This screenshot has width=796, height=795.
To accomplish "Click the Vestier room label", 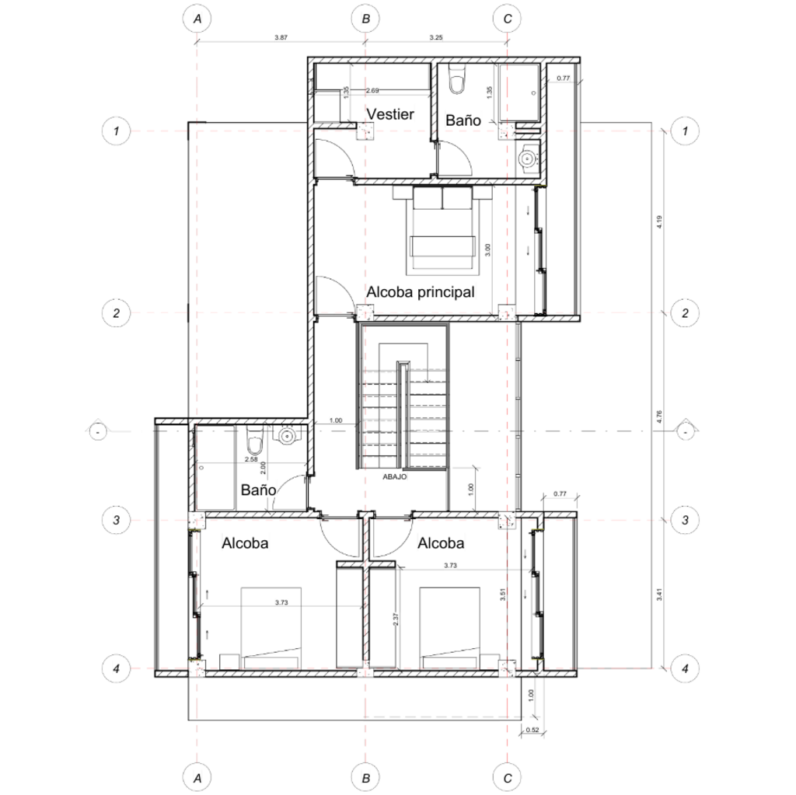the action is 390,114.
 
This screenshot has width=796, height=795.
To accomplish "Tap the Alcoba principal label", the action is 421,292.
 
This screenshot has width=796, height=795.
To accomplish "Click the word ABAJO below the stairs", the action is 394,476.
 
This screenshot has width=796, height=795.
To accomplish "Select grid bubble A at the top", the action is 197,19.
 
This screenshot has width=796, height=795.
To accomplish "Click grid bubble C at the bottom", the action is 507,777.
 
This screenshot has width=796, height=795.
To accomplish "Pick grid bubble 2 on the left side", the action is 117,312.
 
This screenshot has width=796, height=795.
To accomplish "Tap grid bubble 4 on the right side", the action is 685,668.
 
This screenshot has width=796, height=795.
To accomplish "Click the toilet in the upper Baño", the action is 457,80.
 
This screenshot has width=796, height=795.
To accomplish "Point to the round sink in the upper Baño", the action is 528,158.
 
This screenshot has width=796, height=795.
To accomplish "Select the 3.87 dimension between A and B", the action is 281,37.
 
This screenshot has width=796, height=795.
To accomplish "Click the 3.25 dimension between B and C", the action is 435,37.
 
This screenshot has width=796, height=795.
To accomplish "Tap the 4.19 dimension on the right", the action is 659,221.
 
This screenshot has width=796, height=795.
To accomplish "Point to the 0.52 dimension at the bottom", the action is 532,730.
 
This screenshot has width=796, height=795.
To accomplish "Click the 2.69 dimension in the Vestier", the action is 372,90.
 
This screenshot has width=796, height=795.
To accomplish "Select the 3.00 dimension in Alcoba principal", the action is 487,249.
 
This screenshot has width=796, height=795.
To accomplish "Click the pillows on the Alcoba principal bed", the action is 442,198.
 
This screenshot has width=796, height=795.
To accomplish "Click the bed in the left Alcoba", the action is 271,628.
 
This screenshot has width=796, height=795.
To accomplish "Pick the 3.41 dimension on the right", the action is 659,595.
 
